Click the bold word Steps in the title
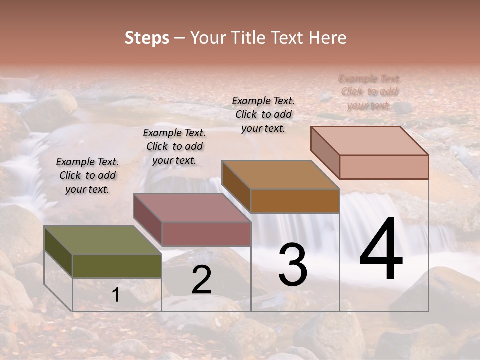coord(147,38)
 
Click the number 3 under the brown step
coord(293,265)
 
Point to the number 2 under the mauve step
coord(201,279)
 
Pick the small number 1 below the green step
coord(116,295)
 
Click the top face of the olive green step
coord(102,240)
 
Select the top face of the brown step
coord(280,175)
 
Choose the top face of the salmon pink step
coord(370,141)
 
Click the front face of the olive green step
coord(117,266)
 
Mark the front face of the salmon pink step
coord(384,167)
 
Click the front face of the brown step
coord(295,201)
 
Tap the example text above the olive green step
coord(87,175)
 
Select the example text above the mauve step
coord(174,146)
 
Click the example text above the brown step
coord(263,114)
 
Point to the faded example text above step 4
coord(369,92)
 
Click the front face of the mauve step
coord(206,234)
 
